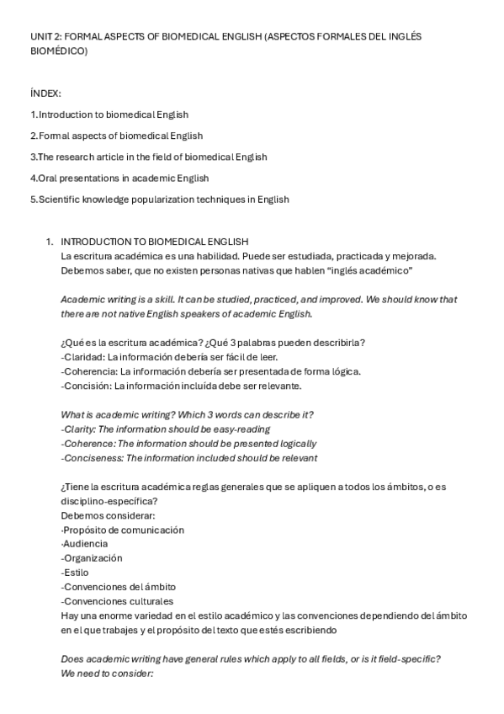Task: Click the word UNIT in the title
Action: pos(40,37)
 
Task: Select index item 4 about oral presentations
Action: pos(119,178)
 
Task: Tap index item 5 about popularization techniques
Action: pos(159,200)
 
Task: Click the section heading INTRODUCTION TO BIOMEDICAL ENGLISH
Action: pos(155,242)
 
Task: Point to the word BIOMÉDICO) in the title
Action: pos(57,51)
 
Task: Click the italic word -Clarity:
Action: pos(80,429)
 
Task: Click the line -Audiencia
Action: pos(82,544)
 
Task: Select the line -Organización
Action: pos(92,558)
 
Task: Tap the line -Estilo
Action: pos(75,573)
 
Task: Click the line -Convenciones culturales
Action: pos(117,601)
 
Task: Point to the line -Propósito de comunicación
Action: pos(122,530)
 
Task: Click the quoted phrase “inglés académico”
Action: pos(364,271)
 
